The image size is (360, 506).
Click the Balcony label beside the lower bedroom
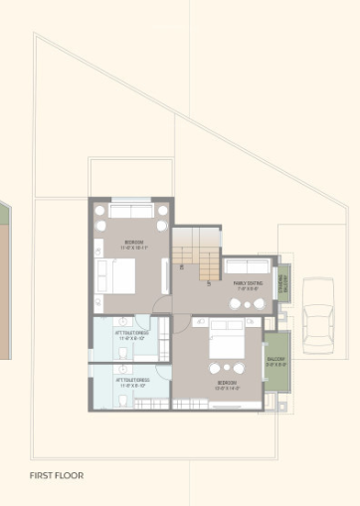click(276, 362)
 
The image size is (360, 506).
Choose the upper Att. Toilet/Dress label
click(131, 336)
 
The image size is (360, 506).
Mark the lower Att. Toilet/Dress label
click(131, 381)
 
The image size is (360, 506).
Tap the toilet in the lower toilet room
click(120, 400)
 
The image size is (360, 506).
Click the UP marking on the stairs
click(209, 283)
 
